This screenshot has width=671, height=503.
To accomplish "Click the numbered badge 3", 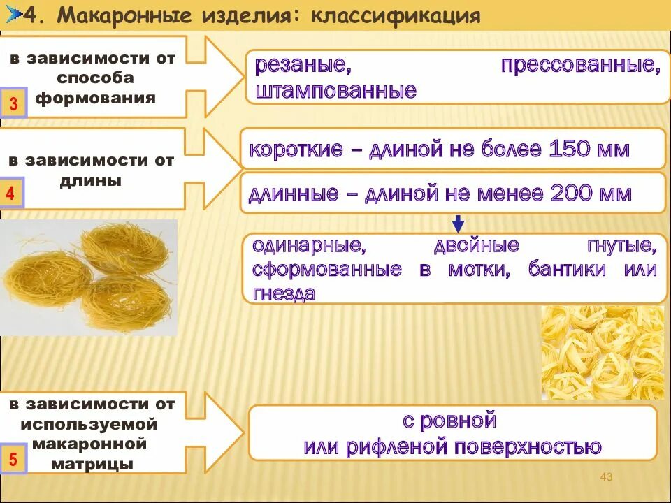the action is tap(13, 105).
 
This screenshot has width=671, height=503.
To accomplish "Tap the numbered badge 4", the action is tap(12, 194).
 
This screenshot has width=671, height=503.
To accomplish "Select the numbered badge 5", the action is tap(13, 460).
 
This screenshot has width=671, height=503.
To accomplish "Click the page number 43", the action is tap(606, 476).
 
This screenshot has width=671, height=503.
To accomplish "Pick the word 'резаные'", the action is tap(302, 67).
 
